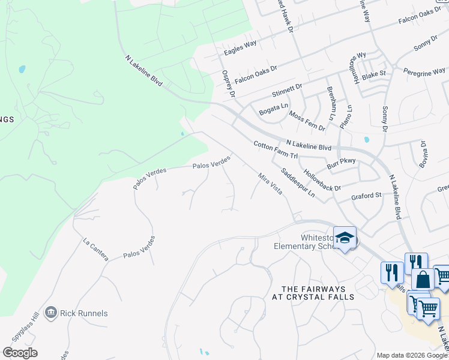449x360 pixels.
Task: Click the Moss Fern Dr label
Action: [x=307, y=121]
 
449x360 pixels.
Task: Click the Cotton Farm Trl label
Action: [x=276, y=150]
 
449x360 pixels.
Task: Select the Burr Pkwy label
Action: [x=342, y=162]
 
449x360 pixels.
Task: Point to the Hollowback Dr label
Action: [x=322, y=179]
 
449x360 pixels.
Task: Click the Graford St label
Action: [x=367, y=196]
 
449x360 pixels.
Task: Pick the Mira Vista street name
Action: [x=270, y=187]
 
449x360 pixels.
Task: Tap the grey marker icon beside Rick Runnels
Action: [x=50, y=313]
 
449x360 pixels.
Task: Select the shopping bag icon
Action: [x=423, y=280]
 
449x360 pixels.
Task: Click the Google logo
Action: [x=20, y=353]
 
